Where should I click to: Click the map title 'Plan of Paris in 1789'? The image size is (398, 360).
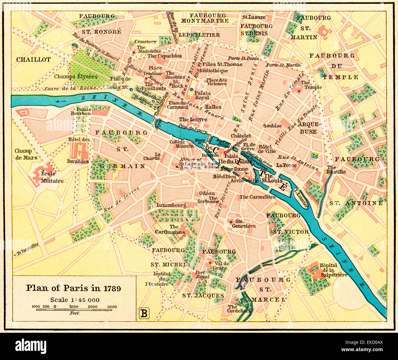[x=73, y=288]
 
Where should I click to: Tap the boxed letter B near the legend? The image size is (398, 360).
[x=144, y=313]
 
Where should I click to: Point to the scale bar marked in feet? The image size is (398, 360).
[x=74, y=309]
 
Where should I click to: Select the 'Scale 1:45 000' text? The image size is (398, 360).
[x=75, y=300]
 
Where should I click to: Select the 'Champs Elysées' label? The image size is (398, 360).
[x=76, y=76]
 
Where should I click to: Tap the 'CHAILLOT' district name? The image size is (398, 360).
[x=33, y=60]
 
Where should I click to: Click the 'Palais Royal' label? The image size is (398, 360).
[x=202, y=95]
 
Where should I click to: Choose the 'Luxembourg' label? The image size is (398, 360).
[x=171, y=205]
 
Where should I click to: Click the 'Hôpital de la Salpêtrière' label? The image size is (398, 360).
[x=333, y=270]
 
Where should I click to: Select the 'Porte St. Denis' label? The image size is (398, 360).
[x=243, y=58]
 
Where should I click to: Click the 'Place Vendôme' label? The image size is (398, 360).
[x=155, y=71]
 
